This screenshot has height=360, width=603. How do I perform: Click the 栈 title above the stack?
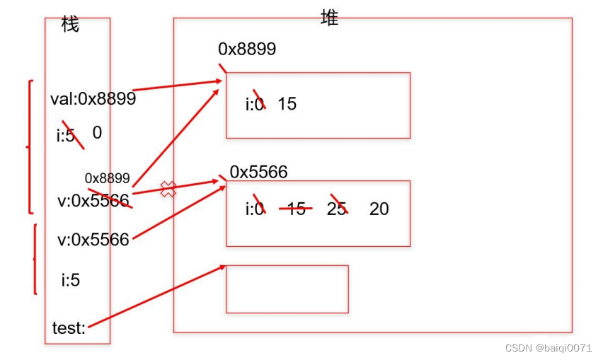pyautogui.click(x=70, y=25)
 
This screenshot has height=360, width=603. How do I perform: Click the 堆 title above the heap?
pyautogui.click(x=330, y=18)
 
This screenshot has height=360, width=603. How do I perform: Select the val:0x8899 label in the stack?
pyautogui.click(x=93, y=99)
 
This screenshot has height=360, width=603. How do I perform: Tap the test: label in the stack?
pyautogui.click(x=69, y=328)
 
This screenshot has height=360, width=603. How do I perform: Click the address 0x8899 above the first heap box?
pyautogui.click(x=247, y=49)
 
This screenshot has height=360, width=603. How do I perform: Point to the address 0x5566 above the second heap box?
pyautogui.click(x=258, y=172)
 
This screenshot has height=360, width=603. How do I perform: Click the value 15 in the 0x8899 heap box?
pyautogui.click(x=287, y=104)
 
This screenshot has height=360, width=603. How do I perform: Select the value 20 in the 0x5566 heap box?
pyautogui.click(x=379, y=209)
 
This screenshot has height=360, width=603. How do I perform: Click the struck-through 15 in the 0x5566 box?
pyautogui.click(x=297, y=209)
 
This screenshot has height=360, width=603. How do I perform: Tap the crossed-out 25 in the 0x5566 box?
pyautogui.click(x=337, y=209)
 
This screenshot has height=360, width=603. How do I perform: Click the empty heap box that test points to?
pyautogui.click(x=287, y=289)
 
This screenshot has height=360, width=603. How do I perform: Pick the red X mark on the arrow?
pyautogui.click(x=168, y=189)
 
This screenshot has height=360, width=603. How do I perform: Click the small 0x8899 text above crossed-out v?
pyautogui.click(x=107, y=178)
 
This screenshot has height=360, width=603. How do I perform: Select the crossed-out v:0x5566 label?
pyautogui.click(x=93, y=201)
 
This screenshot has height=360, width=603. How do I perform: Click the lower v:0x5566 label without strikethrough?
pyautogui.click(x=93, y=240)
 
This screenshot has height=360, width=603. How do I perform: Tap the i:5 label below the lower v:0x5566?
pyautogui.click(x=70, y=280)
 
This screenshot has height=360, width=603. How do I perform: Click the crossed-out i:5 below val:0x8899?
pyautogui.click(x=67, y=135)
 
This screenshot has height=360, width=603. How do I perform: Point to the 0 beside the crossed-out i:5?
pyautogui.click(x=97, y=132)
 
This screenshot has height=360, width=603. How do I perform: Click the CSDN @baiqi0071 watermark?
pyautogui.click(x=549, y=348)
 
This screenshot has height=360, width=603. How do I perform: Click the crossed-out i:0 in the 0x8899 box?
pyautogui.click(x=255, y=104)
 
